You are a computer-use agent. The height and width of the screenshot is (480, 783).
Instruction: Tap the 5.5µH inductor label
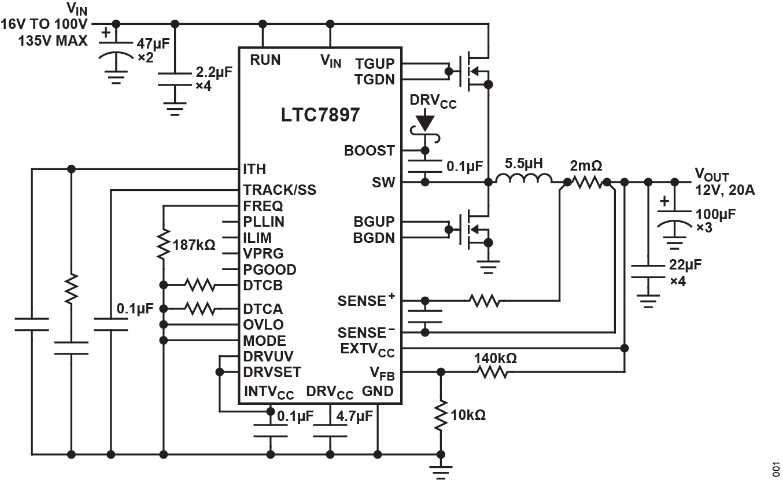click(524, 164)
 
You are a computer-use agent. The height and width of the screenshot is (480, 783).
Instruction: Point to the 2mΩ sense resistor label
click(586, 166)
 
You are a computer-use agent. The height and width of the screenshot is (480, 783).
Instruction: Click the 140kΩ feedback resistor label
click(496, 359)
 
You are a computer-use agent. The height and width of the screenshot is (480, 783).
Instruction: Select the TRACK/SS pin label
click(280, 190)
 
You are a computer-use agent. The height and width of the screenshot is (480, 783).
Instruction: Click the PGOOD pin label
click(270, 269)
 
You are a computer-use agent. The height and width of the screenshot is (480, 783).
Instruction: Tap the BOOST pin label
click(370, 150)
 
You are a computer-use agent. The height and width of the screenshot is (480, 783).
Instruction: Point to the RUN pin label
click(265, 60)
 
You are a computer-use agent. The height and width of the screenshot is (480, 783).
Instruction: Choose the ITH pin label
click(255, 169)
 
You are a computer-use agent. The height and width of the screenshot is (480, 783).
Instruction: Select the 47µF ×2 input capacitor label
click(154, 50)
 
